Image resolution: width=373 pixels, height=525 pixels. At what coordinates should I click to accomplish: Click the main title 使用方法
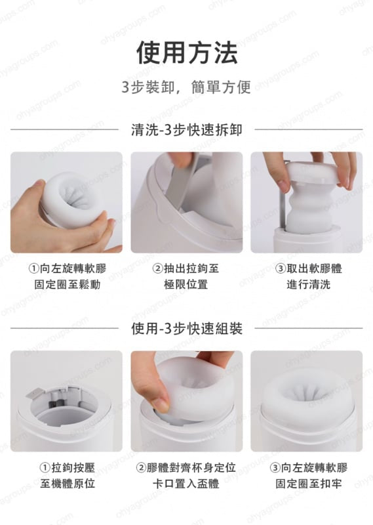[187, 53]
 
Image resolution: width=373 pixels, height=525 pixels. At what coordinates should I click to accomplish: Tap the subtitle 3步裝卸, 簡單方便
[186, 87]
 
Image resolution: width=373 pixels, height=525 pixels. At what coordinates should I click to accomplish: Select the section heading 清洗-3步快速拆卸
[187, 130]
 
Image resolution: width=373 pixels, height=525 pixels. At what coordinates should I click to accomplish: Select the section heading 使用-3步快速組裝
[187, 329]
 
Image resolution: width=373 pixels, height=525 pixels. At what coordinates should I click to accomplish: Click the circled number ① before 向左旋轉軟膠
[33, 268]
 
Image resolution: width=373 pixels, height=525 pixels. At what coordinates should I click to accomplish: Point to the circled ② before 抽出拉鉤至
[157, 268]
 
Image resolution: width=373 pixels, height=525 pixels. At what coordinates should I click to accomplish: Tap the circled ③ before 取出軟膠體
[281, 268]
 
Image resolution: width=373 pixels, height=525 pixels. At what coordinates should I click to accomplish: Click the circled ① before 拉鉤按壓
[45, 467]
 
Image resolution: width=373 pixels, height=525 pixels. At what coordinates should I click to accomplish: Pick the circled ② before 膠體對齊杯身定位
[141, 467]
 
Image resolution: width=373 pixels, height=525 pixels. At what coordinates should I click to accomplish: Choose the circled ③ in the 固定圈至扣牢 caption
[275, 467]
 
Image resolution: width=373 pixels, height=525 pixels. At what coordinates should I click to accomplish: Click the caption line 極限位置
[186, 285]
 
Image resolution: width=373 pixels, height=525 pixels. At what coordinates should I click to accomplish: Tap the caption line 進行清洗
[309, 285]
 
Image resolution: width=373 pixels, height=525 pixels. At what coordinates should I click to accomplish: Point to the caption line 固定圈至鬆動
[68, 285]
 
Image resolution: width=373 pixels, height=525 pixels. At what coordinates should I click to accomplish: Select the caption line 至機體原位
[68, 484]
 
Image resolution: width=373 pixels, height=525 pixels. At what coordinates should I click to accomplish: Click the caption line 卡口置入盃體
[186, 484]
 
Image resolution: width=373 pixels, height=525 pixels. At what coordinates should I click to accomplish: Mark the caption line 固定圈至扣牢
[309, 484]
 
